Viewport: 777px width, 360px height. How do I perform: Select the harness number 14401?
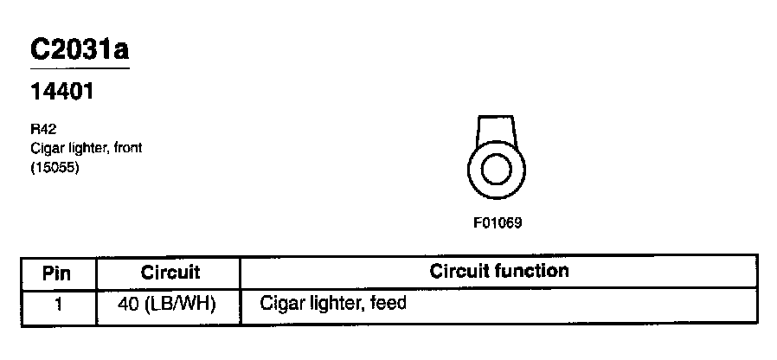[x=61, y=90]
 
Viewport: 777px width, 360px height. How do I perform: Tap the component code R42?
[x=42, y=131]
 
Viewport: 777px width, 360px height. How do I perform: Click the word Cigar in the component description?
[x=45, y=148]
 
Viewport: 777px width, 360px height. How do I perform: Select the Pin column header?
[x=57, y=273]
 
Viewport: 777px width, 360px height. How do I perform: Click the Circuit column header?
[x=170, y=273]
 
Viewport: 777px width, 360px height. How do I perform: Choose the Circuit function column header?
[x=498, y=272]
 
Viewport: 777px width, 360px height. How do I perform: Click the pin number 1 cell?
[x=57, y=304]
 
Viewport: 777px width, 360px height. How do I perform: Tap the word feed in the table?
[x=388, y=304]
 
